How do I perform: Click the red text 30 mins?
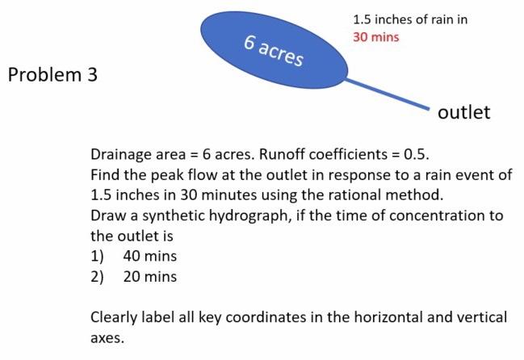pos(375,37)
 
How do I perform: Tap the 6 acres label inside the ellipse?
pos(275,51)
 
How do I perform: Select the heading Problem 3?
pos(52,75)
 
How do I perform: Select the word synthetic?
pos(170,216)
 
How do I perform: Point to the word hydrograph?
pos(249,216)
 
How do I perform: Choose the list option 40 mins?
pos(149,257)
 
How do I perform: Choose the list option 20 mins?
pos(149,277)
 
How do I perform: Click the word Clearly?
pos(115,318)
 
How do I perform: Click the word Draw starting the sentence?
pos(108,216)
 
